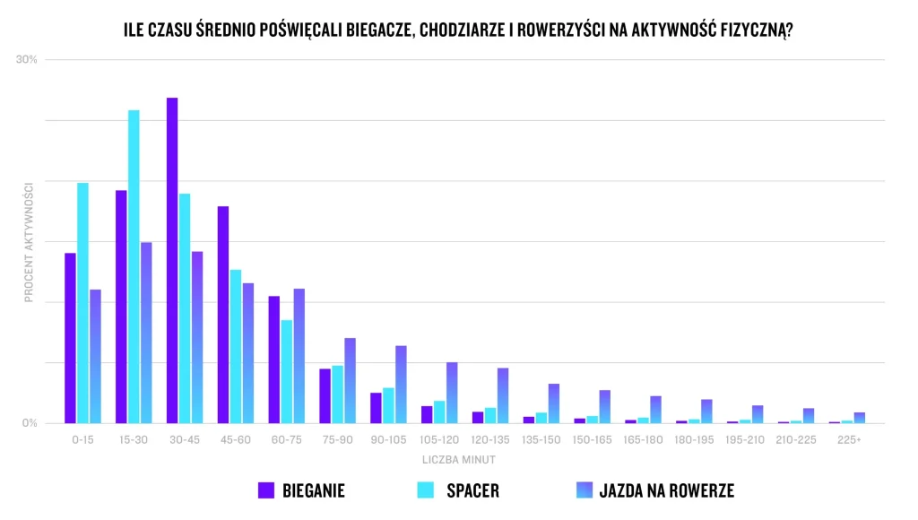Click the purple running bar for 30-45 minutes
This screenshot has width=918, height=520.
pos(172,260)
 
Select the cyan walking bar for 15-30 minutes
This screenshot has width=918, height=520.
pos(134,266)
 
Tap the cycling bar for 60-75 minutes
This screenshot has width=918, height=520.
pos(299,356)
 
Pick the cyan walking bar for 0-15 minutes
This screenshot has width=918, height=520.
pos(82,303)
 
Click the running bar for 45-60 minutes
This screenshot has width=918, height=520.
pos(223,315)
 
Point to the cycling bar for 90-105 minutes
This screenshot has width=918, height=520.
pos(401,385)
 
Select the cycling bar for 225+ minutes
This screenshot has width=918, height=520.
pos(859,418)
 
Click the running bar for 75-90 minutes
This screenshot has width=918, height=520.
pos(325,396)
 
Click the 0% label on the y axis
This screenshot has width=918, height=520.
pos(30,423)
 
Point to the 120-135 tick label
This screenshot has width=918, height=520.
pos(490,440)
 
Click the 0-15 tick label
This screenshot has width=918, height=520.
pos(82,440)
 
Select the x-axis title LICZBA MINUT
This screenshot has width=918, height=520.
pos(458,460)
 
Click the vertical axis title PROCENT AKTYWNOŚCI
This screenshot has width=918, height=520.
pos(29,242)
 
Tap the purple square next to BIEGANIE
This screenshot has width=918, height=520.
pos(266,490)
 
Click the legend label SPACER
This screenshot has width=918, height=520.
pos(472,490)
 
